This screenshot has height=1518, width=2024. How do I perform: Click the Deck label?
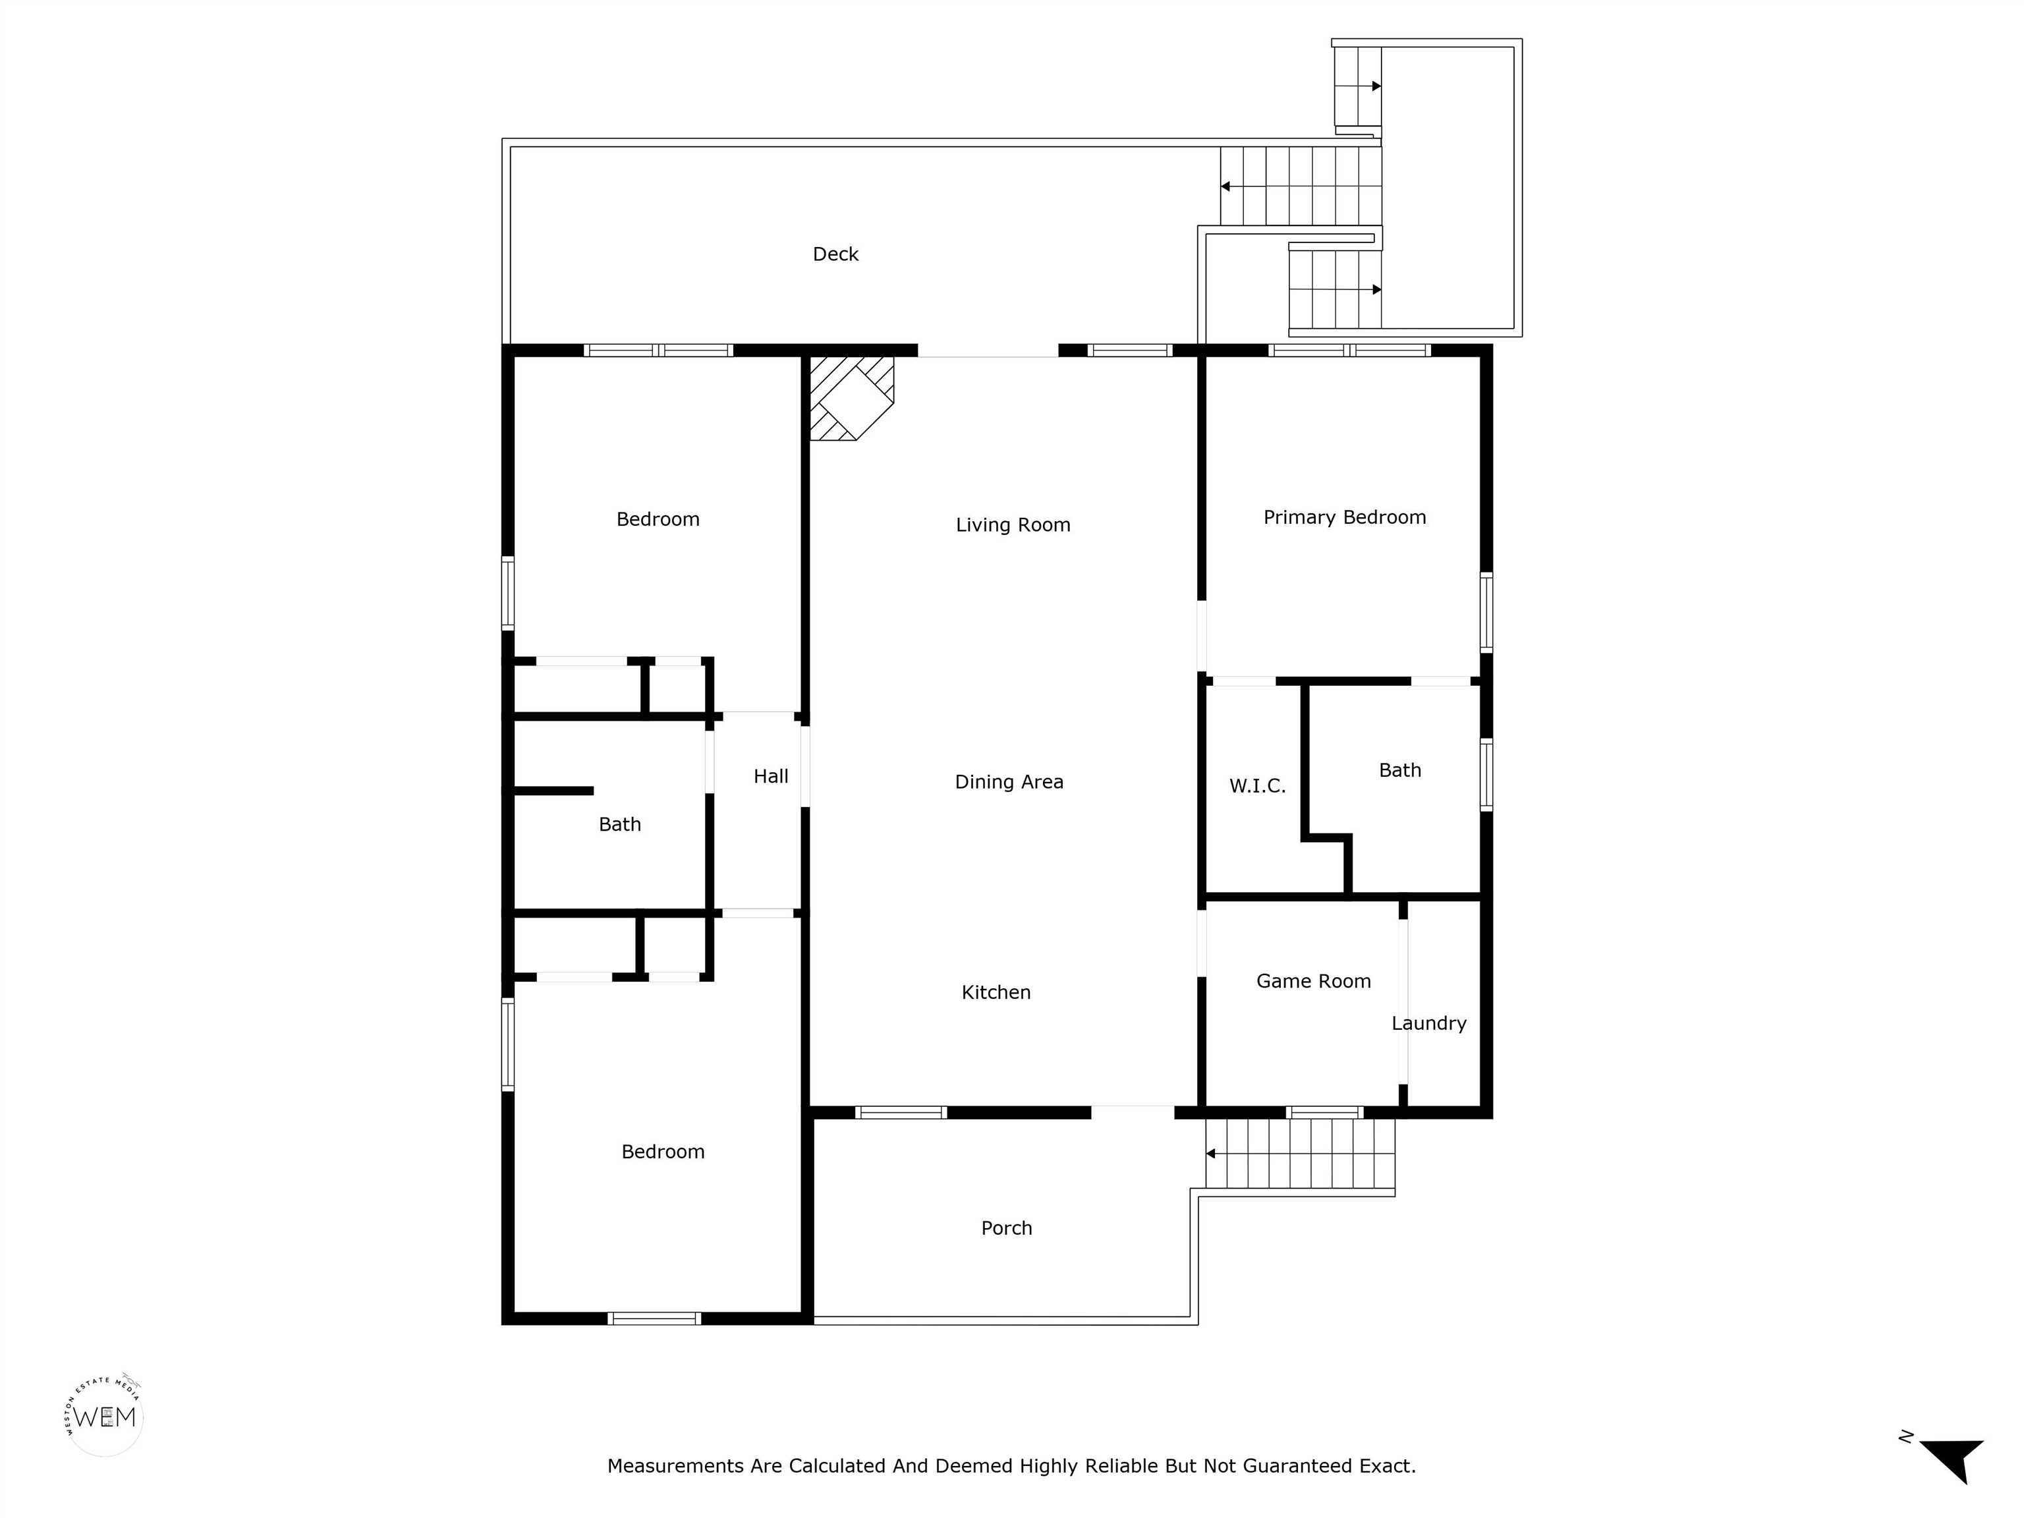coord(835,254)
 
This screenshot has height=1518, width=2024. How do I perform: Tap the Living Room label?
coord(1013,525)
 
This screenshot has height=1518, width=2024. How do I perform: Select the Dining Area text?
coord(1009,782)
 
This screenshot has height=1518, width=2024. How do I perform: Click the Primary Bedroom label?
coord(1344,518)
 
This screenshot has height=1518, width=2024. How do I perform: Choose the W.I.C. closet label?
coord(1257,786)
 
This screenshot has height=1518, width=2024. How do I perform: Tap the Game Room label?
coord(1313,982)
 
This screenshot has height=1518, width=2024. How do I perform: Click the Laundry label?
coord(1428,1024)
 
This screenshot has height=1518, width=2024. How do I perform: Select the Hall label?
coord(770,777)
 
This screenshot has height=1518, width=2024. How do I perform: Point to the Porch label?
coord(1007,1229)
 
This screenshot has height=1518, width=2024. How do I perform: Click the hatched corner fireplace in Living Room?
coord(851,398)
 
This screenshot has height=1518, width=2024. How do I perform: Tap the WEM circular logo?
coord(104,1417)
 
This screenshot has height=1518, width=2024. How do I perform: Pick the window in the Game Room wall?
coord(1324,1113)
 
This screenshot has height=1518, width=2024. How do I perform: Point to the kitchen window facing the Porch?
coord(901,1113)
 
